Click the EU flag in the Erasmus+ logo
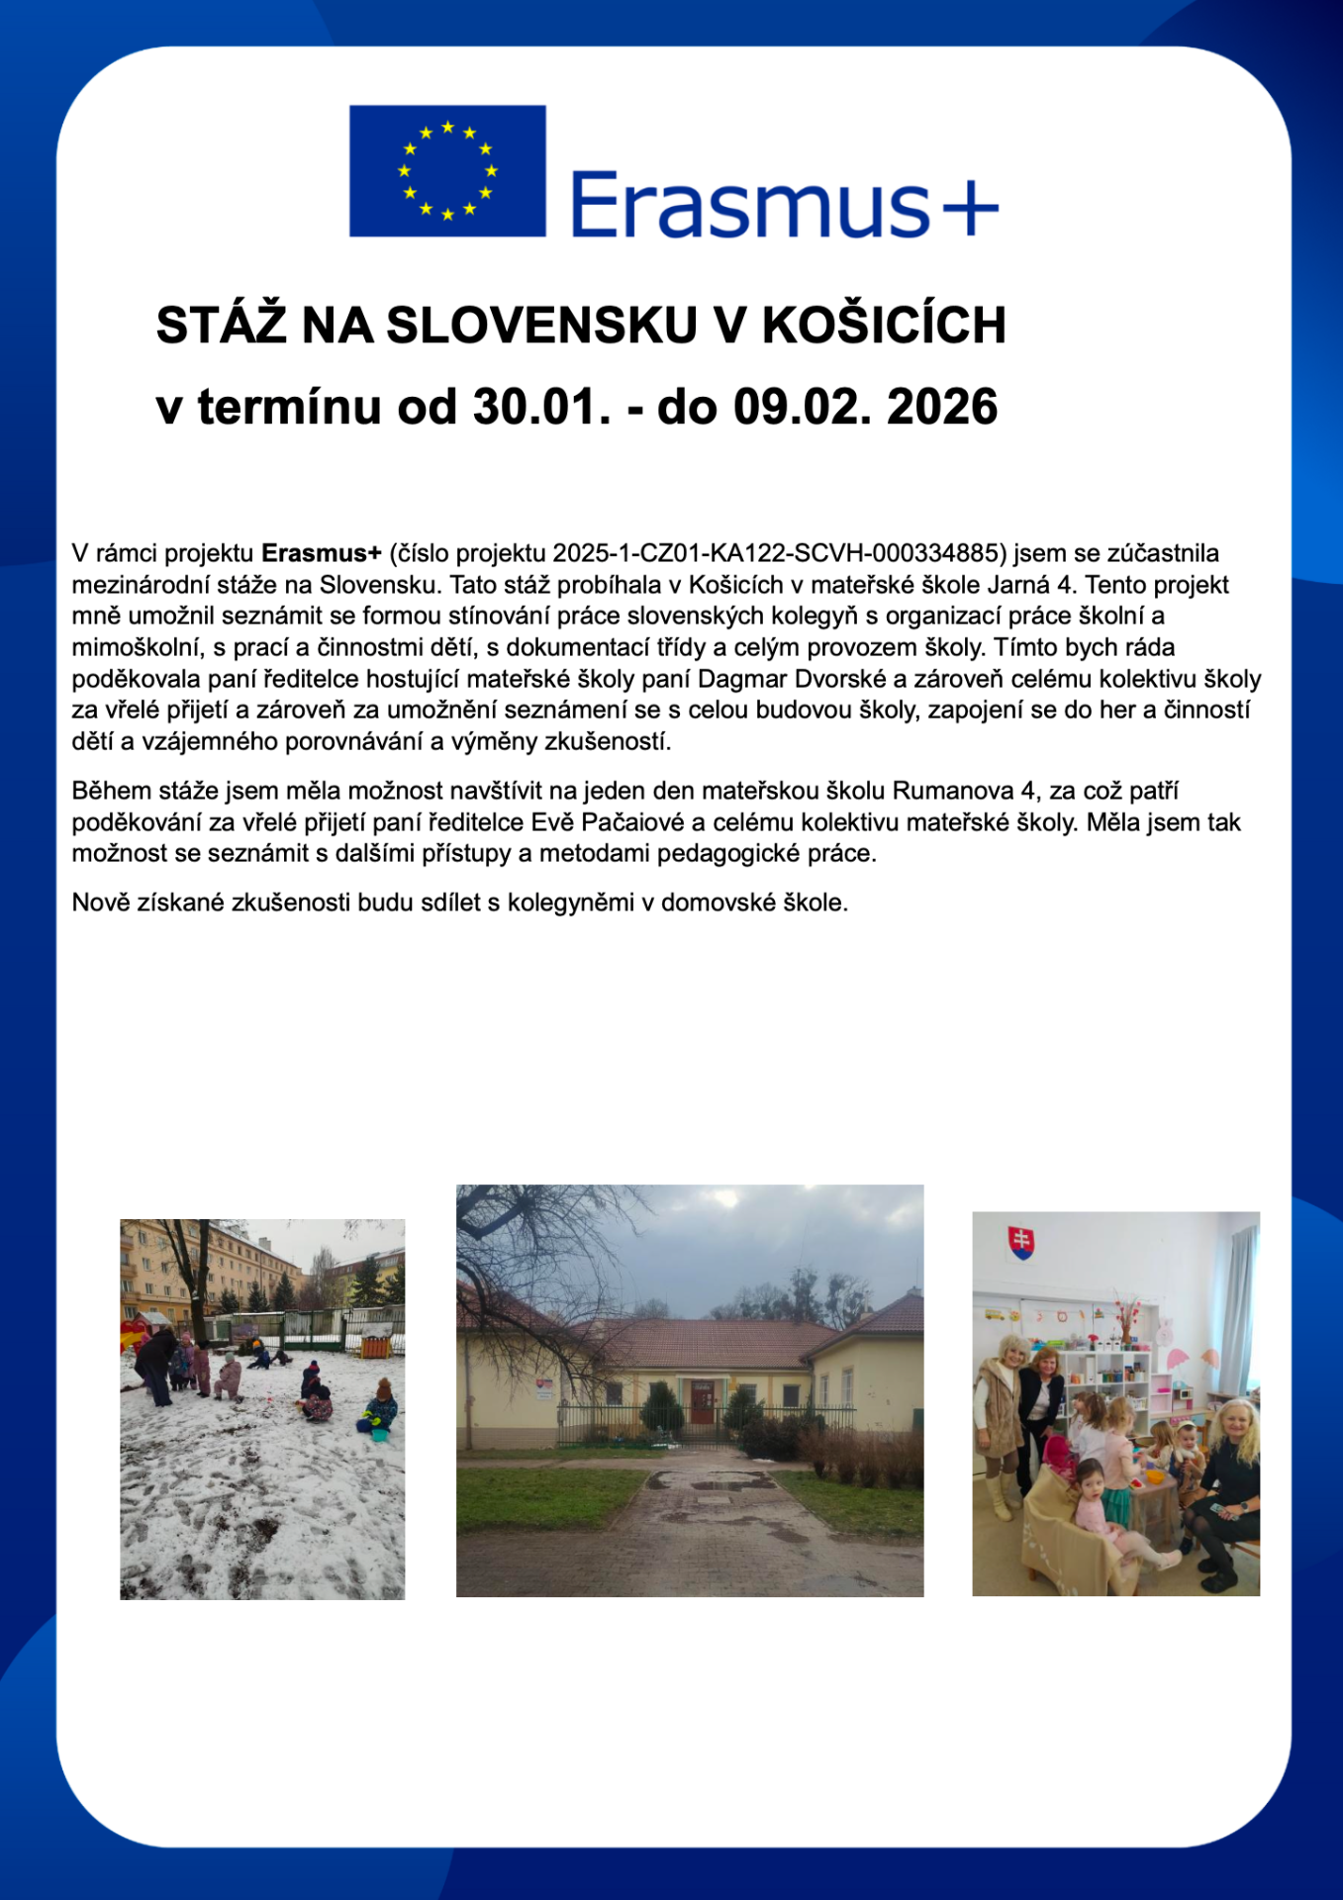click(447, 170)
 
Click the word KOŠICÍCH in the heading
click(883, 325)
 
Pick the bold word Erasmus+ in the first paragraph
click(321, 552)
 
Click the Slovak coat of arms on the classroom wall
click(1020, 1241)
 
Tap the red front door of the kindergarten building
click(703, 1401)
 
